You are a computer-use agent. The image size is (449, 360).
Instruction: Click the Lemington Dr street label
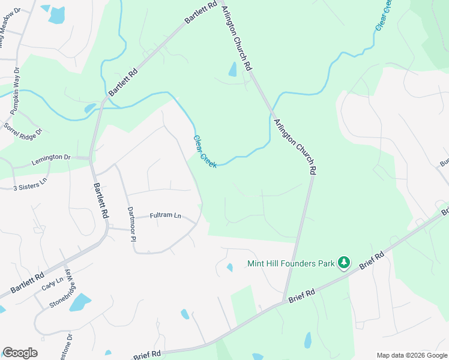50,157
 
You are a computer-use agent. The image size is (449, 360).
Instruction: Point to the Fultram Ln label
165,215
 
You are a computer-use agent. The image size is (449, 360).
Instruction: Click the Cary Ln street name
52,283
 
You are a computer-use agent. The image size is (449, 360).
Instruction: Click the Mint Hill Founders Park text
291,263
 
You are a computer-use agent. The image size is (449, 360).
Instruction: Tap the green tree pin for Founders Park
343,263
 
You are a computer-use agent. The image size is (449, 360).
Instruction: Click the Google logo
20,353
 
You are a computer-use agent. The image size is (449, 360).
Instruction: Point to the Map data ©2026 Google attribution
411,355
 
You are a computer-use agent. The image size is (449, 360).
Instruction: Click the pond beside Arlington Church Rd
232,70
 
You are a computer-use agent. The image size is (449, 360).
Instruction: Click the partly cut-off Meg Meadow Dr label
13,18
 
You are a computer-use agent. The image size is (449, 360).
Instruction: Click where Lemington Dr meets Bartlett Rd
90,158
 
